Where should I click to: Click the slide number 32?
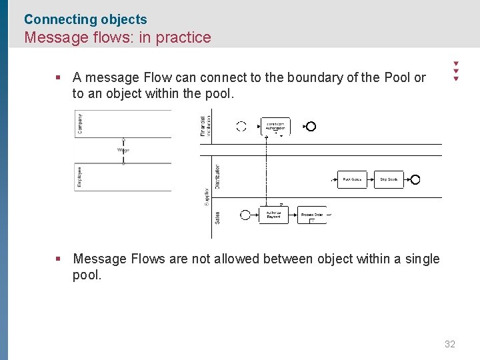[450, 344]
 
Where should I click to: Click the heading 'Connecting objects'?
[85, 19]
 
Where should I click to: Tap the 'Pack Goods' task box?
[351, 179]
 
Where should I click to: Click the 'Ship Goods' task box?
[389, 179]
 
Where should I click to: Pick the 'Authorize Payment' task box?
[273, 215]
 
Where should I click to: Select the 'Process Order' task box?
[311, 215]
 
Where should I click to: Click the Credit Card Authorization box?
[275, 126]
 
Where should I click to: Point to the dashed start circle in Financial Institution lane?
[241, 127]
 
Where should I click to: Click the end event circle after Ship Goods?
[415, 179]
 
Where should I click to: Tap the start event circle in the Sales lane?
[245, 215]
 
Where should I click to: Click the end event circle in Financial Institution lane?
[311, 127]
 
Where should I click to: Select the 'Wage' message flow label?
[123, 150]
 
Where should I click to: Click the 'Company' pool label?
[81, 123]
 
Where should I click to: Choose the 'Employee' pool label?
[80, 177]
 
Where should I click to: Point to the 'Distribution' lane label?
[217, 177]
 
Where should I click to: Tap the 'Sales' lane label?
[217, 217]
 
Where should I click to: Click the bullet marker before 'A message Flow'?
[59, 77]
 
